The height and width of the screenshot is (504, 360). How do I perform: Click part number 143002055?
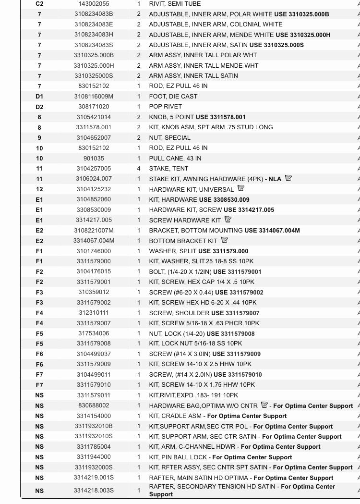pos(94,4)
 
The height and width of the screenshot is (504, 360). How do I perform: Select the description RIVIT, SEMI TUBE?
pos(175,4)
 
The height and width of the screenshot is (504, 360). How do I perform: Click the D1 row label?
pos(39,97)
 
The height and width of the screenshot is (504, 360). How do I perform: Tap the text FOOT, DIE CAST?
pos(173,97)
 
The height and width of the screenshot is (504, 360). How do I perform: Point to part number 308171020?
pos(94,107)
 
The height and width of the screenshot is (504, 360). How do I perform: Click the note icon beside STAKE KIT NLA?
pos(288,178)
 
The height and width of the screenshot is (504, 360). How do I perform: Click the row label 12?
pos(39,189)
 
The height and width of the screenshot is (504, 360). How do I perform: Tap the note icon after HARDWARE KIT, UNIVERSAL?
pos(241,189)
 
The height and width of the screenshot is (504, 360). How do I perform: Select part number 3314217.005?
pos(94,220)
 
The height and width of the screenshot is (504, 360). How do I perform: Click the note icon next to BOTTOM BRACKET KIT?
pos(225,240)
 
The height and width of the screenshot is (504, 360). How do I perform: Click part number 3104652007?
pos(94,138)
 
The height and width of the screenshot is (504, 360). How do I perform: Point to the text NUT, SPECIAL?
pos(169,138)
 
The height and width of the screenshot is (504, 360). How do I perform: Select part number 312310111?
pos(94,313)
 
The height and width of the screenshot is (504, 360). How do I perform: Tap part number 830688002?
pos(94,406)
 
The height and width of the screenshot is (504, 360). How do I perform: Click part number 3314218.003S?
pos(94,491)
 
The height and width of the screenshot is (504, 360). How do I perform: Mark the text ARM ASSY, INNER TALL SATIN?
pos(193,76)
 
